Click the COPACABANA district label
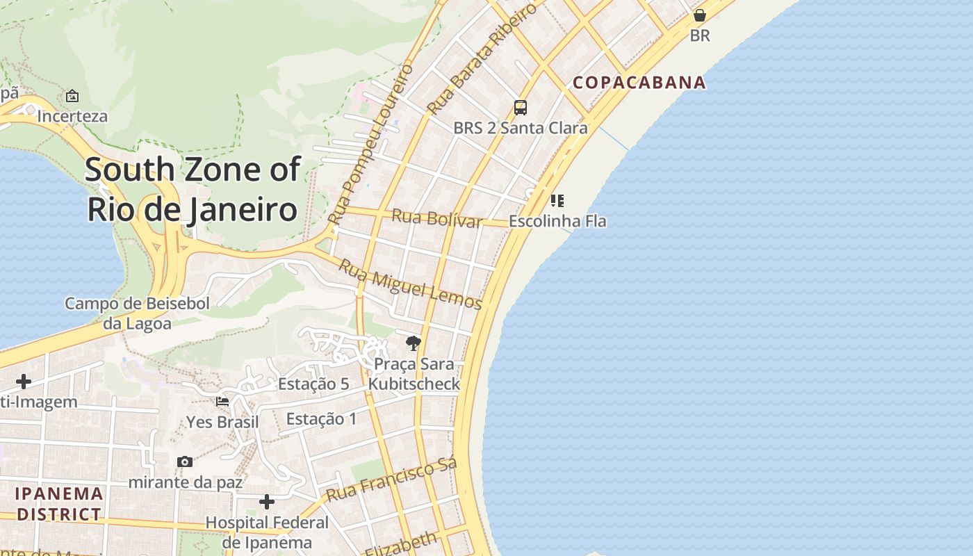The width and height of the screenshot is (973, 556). point(639,83)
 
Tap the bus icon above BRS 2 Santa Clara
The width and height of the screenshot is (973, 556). point(520,108)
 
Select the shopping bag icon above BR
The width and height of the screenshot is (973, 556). point(700,15)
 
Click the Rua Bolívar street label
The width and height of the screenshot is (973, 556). point(436,218)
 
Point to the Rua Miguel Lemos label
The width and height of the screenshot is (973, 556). point(410,284)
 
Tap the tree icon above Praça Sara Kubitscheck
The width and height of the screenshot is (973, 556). point(414,343)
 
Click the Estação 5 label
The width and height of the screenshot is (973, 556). point(313,384)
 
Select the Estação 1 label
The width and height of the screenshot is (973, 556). point(321,418)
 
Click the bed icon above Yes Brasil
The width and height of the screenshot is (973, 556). point(222,402)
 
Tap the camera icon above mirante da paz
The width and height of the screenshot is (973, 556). point(185,461)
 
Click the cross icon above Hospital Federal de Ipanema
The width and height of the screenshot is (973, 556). point(267,502)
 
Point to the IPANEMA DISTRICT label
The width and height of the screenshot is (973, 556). point(59,504)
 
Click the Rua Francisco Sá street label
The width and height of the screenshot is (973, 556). point(391,480)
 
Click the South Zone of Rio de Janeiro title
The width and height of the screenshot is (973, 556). point(193,189)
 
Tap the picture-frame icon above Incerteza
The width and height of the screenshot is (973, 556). point(72,96)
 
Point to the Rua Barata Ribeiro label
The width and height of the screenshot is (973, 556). point(482,58)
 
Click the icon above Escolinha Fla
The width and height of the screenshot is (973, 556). point(557,201)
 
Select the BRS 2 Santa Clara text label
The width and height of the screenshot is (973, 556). point(520,128)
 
